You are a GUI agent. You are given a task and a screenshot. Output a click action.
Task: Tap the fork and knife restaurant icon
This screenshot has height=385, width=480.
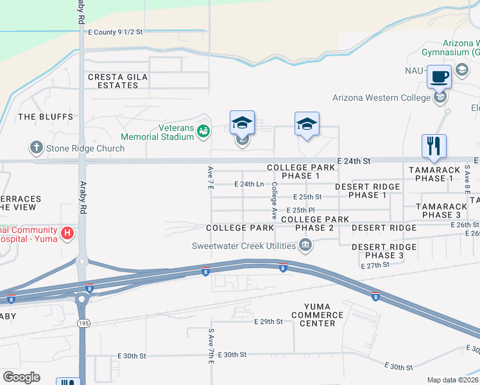pos(434,146)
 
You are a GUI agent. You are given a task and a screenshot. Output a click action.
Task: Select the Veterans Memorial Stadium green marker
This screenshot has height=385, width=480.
pos(204,132)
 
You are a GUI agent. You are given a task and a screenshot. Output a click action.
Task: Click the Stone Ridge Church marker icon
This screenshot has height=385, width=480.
pos(37,148)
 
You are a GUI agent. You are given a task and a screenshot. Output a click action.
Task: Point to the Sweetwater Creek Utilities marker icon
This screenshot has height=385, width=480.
pos(306,245)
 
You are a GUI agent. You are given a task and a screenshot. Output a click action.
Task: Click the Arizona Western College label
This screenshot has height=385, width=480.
pos(381,98)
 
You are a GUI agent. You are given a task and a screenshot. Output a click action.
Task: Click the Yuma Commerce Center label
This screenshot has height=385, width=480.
pos(317,314)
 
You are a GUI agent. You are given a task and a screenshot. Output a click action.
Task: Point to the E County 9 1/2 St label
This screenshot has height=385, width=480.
pos(116,31)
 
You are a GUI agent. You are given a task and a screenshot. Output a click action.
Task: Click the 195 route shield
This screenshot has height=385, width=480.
pos(83,322)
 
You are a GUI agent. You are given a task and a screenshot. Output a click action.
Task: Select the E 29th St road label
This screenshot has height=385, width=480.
pos(268,321)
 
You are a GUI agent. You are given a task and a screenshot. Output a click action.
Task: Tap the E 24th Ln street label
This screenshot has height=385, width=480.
pos(250,184)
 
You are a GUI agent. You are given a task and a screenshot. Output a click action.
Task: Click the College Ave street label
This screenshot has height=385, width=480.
pos(275,200)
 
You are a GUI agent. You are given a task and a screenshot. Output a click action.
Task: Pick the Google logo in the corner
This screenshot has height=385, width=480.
pos(21,377)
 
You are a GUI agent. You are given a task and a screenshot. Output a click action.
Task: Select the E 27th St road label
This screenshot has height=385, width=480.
pos(375,265)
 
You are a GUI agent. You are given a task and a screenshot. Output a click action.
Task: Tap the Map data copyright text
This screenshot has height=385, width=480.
pos(452,380)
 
